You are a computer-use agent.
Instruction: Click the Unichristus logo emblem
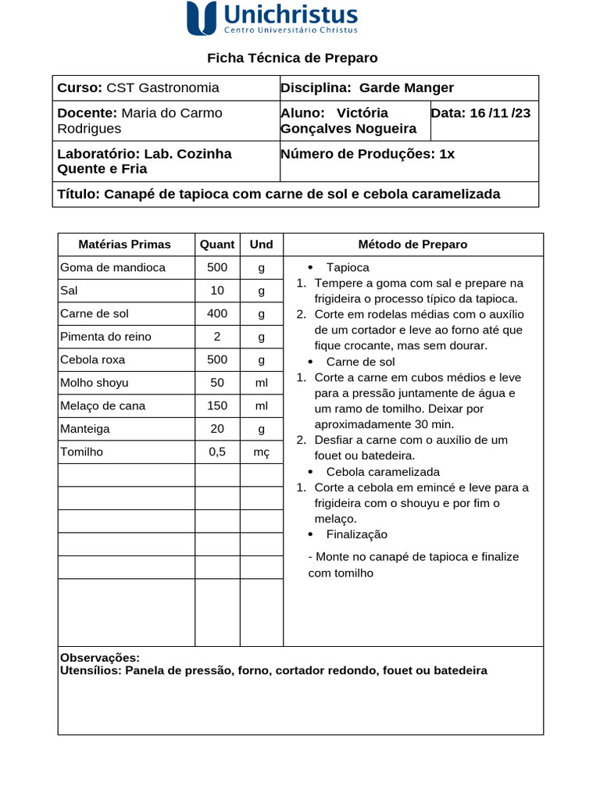pos(202,18)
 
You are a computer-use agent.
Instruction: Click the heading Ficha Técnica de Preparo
pos(292,58)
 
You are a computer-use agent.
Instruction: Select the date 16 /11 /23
pos(499,113)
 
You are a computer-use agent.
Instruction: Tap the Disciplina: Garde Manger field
pos(367,88)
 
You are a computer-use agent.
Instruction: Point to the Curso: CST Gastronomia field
pos(138,88)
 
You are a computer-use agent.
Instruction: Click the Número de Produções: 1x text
pos(367,154)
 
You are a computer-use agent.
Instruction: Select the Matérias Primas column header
pos(125,245)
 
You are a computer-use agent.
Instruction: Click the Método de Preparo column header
pos(412,245)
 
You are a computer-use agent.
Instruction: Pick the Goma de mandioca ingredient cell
pos(113,267)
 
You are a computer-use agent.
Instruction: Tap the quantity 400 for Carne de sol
pos(217,313)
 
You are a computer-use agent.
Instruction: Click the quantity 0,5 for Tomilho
pos(217,452)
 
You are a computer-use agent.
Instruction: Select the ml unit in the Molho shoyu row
pos(261,383)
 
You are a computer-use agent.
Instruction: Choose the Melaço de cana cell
pos(102,405)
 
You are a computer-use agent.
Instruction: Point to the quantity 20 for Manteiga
pos(217,429)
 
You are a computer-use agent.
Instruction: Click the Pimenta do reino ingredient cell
pos(105,337)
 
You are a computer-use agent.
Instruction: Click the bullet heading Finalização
pos(356,534)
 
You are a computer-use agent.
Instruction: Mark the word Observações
pos(100,658)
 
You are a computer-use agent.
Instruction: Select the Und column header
pos(261,245)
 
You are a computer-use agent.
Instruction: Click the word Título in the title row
pos(77,195)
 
